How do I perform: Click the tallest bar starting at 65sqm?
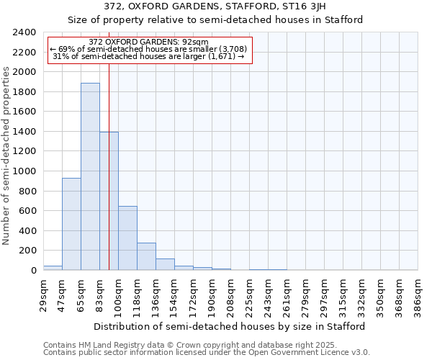coord(90,176)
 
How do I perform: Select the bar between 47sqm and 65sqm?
coord(71,224)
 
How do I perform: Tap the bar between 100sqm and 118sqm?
coord(127,238)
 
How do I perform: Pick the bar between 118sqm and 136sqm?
coord(146,256)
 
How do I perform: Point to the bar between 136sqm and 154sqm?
coord(165,264)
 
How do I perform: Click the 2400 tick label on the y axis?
coord(24,32)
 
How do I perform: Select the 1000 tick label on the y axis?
coord(24,171)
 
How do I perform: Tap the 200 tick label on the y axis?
coord(27,251)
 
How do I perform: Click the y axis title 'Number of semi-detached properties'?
coord(7,156)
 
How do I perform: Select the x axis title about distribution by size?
coord(230,326)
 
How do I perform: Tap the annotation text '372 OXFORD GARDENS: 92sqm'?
coord(149,42)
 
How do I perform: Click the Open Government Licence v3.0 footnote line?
coord(207,353)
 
